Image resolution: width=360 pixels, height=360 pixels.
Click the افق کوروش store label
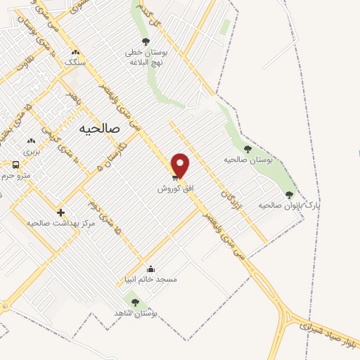point(171,189)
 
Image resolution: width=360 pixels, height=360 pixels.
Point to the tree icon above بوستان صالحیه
point(247,148)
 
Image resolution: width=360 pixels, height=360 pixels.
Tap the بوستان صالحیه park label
point(247,160)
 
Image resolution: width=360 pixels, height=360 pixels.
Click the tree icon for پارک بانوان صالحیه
point(289,195)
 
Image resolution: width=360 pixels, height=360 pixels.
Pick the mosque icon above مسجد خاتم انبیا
point(150,269)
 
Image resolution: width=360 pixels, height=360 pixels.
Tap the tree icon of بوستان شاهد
point(135,302)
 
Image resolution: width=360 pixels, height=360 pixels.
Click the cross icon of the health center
point(60,212)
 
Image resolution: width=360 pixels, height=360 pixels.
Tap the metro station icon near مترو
point(15,165)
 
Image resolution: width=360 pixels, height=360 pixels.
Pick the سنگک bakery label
point(75,62)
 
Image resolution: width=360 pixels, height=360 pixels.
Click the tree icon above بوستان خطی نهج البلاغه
point(146,41)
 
